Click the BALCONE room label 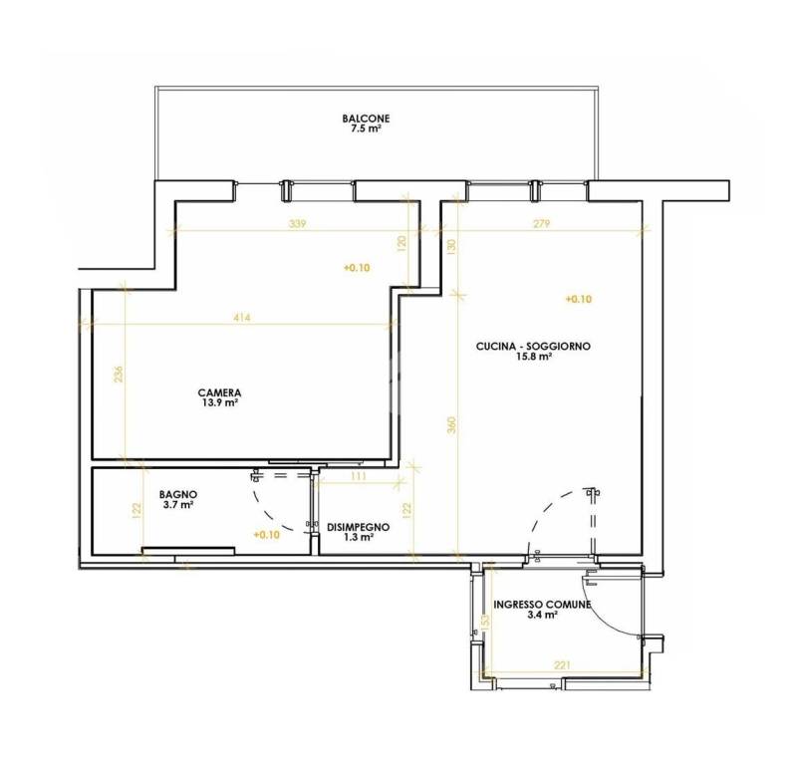click(x=366, y=119)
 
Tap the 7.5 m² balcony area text click(x=366, y=128)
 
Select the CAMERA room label click(x=219, y=392)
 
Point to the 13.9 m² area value click(x=219, y=402)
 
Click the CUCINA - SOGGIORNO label click(x=533, y=347)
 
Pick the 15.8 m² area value click(x=534, y=357)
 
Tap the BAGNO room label click(x=178, y=494)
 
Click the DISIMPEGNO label click(x=359, y=527)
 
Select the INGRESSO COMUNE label click(x=542, y=605)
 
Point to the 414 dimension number click(x=242, y=318)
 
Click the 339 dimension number click(x=297, y=223)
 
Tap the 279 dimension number click(x=541, y=223)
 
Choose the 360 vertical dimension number click(x=451, y=425)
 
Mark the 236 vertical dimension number click(x=119, y=375)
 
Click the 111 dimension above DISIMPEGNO click(x=359, y=476)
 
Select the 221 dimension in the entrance click(x=562, y=665)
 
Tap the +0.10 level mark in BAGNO click(x=267, y=535)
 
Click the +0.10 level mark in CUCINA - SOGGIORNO click(x=579, y=299)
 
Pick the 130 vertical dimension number click(x=451, y=246)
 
